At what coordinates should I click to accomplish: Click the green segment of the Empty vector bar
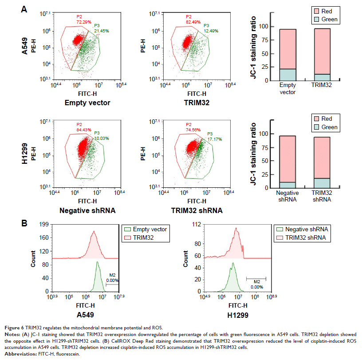click(x=288, y=75)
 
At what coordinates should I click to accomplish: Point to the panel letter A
click(x=26, y=9)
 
